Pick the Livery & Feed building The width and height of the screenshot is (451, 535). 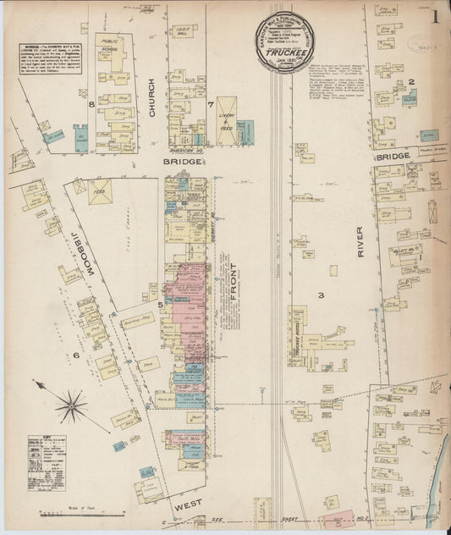click(226, 121)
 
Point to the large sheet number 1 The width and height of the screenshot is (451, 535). click(434, 17)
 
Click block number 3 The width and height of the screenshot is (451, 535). click(321, 295)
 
